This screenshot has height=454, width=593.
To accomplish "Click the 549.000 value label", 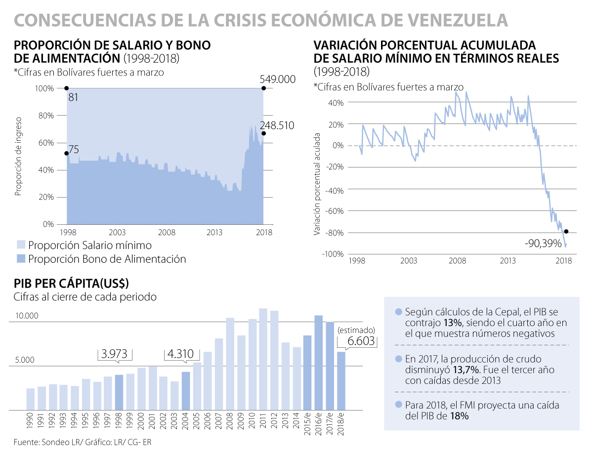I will tap(278, 79).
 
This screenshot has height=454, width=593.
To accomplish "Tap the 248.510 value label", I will tap(278, 125).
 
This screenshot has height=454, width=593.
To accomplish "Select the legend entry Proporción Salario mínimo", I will tap(90, 245).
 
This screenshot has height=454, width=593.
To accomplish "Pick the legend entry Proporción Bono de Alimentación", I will tap(107, 259).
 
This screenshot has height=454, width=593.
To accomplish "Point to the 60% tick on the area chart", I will tap(46, 143).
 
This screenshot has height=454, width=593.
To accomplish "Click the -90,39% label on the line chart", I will tap(544, 243).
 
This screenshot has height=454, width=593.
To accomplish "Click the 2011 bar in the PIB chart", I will tap(263, 359).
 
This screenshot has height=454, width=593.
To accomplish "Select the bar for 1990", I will tap(31, 399).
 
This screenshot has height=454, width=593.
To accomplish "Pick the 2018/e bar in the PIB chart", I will tap(341, 380).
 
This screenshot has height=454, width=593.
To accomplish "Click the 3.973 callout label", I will tap(115, 354).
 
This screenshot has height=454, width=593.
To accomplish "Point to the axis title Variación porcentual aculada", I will tap(318, 184).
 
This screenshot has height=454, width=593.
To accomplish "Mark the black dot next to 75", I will tap(67, 154).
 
